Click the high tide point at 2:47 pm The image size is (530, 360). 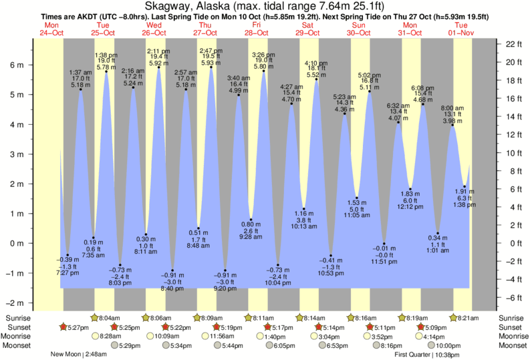click(x=211, y=67)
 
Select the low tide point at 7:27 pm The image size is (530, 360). click(x=68, y=254)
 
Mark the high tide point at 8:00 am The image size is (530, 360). click(x=452, y=126)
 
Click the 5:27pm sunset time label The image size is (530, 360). click(x=74, y=327)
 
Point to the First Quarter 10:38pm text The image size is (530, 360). click(x=427, y=355)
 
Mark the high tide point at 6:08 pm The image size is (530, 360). click(x=423, y=104)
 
